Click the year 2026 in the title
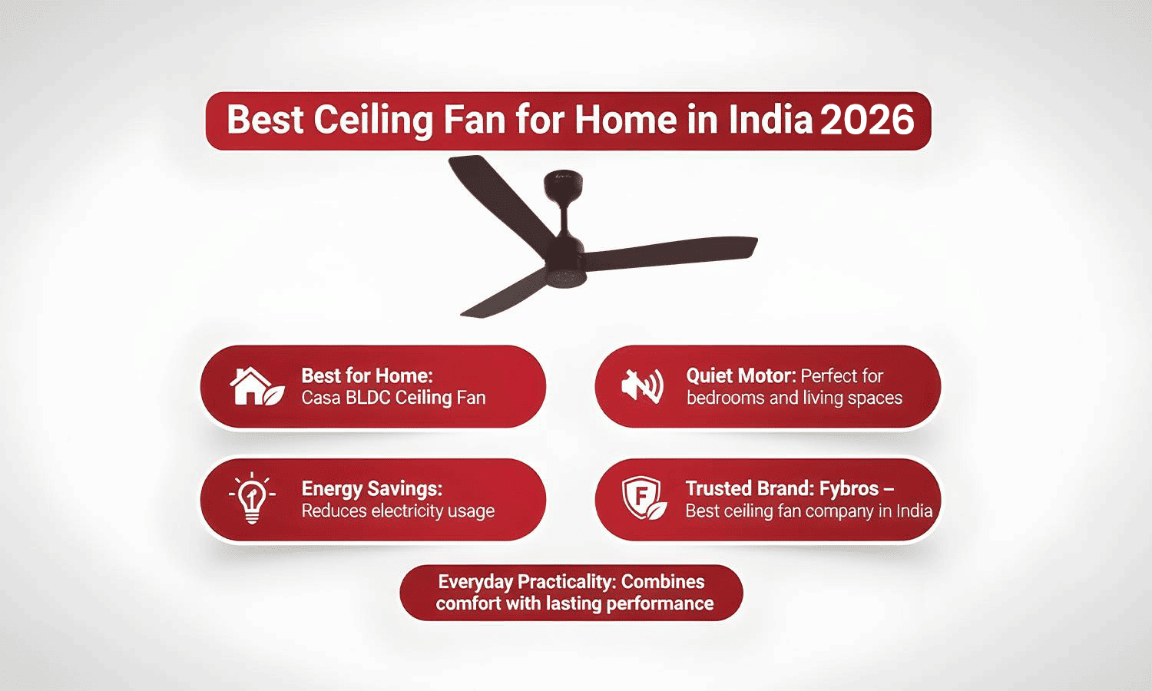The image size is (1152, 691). tap(867, 121)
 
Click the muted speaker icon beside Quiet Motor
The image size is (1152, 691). tap(642, 386)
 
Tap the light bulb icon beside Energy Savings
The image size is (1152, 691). tap(252, 499)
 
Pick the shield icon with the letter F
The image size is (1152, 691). tap(642, 498)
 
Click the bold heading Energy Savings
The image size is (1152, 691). tap(372, 488)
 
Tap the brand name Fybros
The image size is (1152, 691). tap(849, 488)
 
